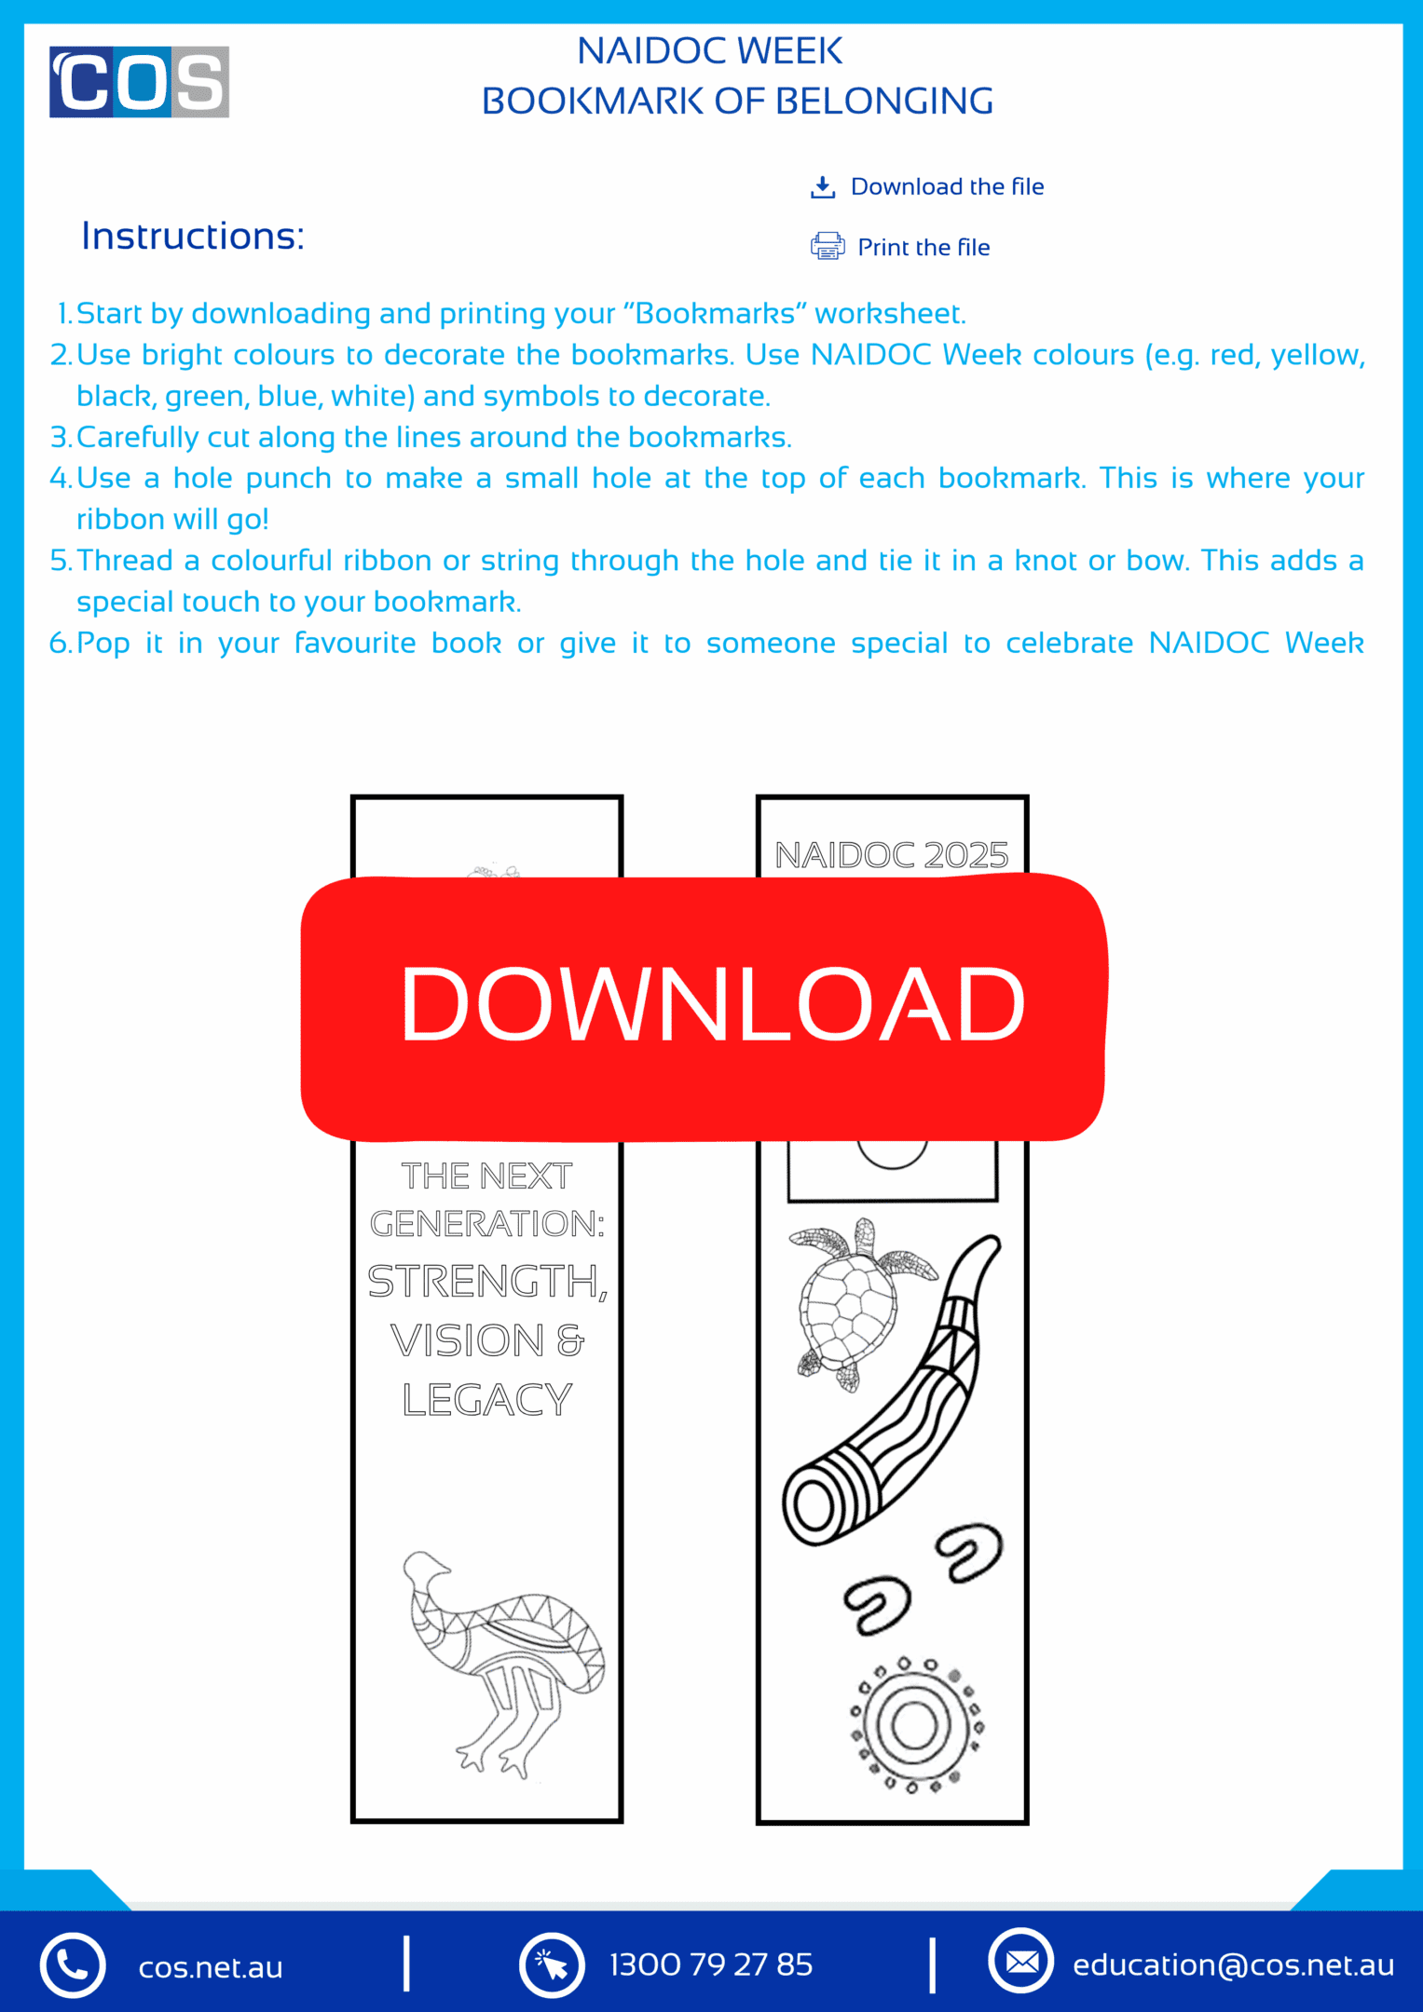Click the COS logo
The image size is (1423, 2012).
139,82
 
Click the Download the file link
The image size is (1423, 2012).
946,186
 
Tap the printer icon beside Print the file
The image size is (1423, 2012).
827,246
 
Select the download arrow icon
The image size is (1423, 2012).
822,187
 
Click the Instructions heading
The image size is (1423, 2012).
193,237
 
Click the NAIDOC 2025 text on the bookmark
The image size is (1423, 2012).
891,854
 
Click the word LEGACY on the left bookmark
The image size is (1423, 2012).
486,1399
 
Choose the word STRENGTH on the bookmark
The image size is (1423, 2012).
485,1282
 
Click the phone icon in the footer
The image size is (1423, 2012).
73,1965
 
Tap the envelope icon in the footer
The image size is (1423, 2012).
1020,1962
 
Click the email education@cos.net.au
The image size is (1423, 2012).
1232,1964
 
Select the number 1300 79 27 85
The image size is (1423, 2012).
710,1964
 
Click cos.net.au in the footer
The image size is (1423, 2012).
211,1967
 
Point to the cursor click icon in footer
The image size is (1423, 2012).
552,1965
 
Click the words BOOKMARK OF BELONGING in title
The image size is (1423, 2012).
736,101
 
